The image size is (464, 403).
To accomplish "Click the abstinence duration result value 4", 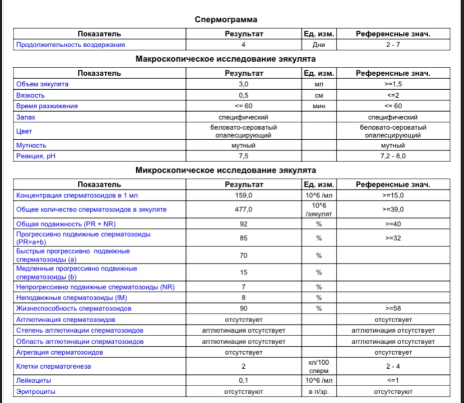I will coord(244,44).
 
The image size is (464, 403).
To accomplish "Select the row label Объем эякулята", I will coord(43,84).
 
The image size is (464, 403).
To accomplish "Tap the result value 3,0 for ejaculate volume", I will coord(244,84).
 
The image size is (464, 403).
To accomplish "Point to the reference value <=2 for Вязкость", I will coord(393,95).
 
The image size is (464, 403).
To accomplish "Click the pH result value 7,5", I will coord(244,156).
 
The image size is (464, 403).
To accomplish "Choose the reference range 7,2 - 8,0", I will coord(393,156).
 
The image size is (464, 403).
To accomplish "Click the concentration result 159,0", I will coord(244,195).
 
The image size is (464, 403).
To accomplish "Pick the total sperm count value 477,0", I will coord(244,209).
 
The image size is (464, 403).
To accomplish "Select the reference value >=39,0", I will coord(393,209).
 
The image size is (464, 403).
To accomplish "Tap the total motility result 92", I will coord(244,223).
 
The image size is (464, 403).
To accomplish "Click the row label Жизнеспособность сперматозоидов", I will coord(74,308).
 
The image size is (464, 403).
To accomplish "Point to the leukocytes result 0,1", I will coord(244,380).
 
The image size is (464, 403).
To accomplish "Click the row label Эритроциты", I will coord(36,391).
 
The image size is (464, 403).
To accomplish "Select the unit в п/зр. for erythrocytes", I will coord(318,391).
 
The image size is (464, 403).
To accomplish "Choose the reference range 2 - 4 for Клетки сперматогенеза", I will coord(393,366).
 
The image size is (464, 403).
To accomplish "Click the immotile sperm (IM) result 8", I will coord(244,297).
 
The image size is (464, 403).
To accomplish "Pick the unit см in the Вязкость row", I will coord(318,95).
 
